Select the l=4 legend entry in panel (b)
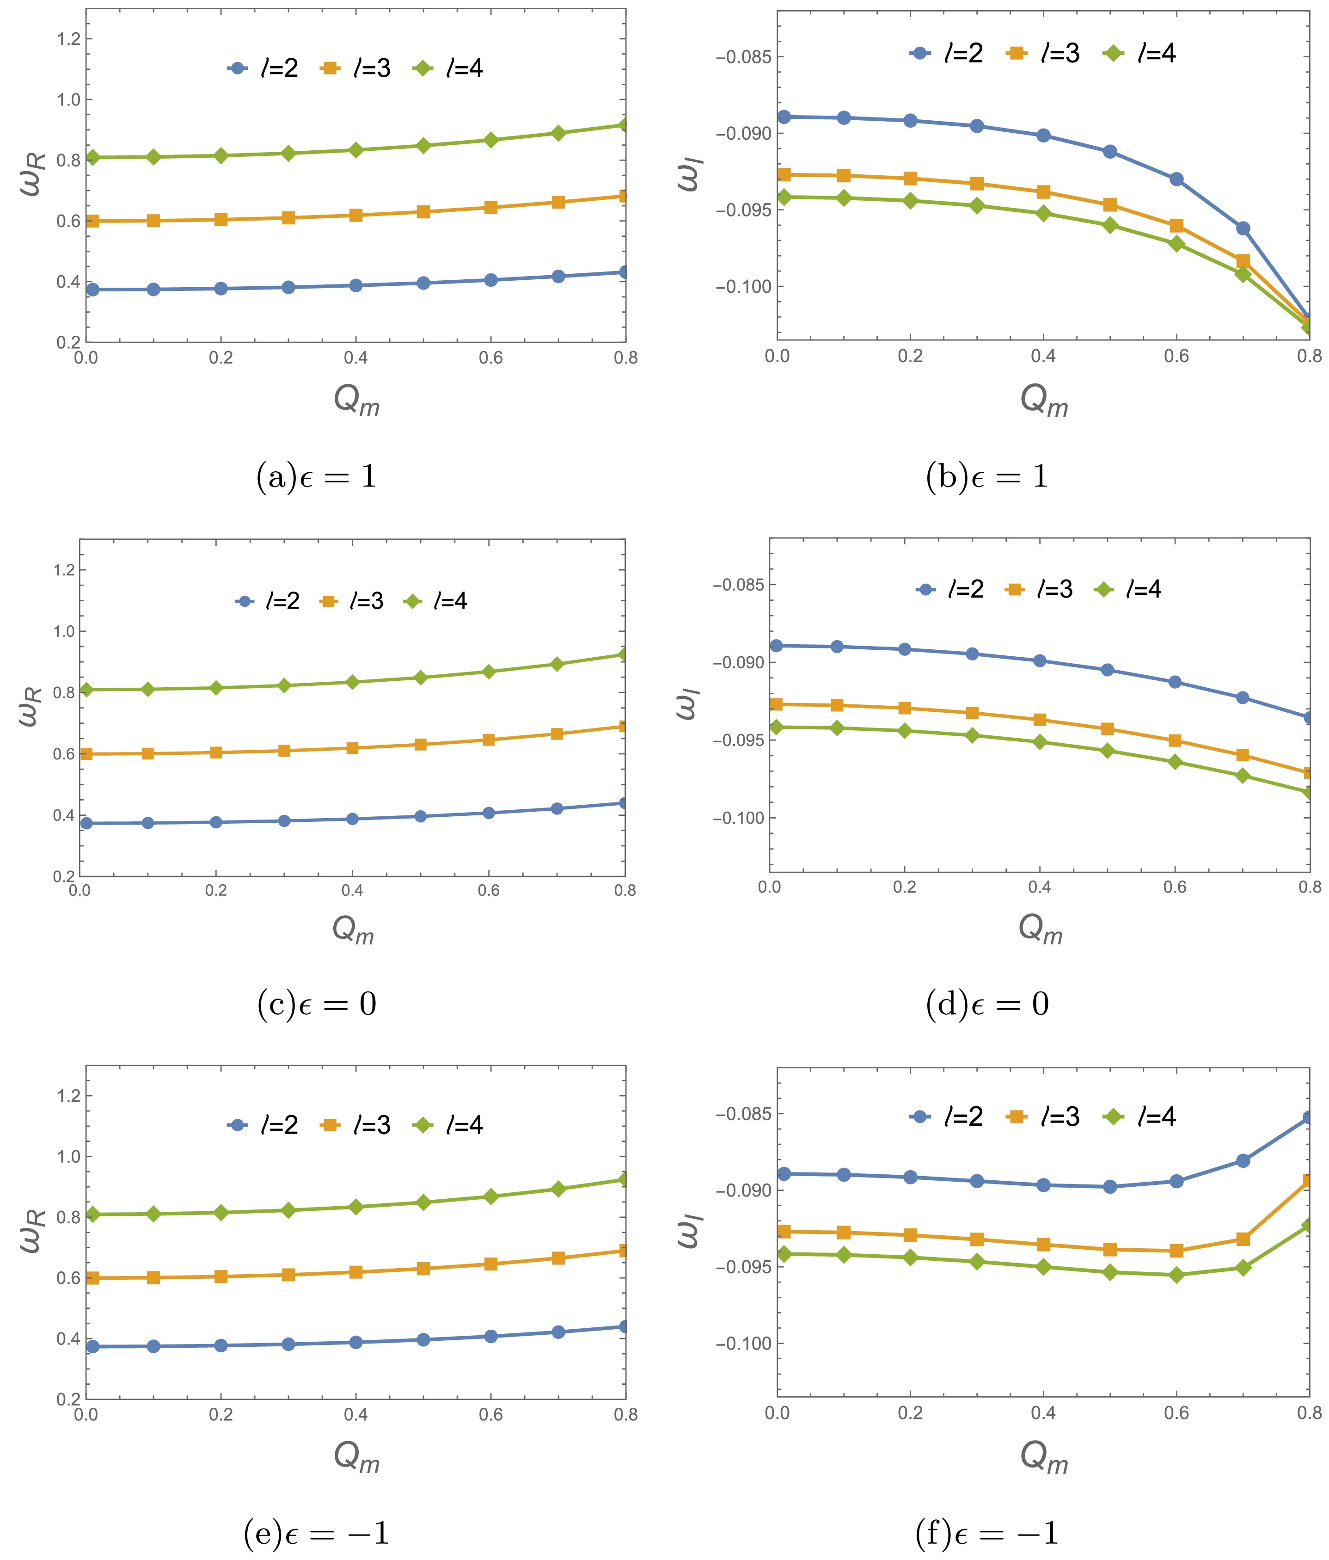(x=1139, y=54)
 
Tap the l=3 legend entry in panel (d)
(x=1039, y=590)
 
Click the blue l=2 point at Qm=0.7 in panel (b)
(x=1243, y=228)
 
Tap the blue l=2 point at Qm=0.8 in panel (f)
(x=1309, y=1118)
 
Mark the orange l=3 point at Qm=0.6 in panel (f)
(x=1176, y=1251)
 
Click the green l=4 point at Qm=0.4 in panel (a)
(x=356, y=150)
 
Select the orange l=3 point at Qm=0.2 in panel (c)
(x=216, y=752)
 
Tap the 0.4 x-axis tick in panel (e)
(x=356, y=1415)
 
